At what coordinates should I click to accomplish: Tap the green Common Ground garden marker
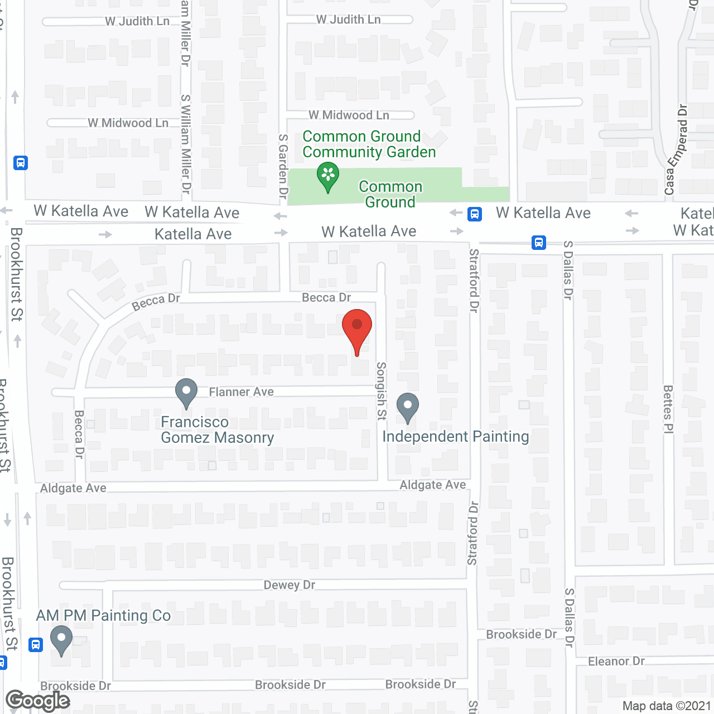pos(328,176)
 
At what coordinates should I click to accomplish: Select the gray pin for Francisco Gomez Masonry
pos(186,392)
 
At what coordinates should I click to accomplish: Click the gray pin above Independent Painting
pos(408,407)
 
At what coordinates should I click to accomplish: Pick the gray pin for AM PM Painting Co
pos(61,639)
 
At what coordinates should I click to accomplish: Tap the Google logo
pos(38,701)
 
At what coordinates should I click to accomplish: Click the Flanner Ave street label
pos(241,392)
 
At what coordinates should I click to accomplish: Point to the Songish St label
pos(382,390)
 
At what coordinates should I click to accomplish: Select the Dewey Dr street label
pos(290,585)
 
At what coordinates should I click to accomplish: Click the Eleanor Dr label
pos(616,661)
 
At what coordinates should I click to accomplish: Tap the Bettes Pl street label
pos(668,409)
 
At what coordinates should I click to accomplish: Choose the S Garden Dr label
pos(283,166)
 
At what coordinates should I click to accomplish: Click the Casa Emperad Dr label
pos(676,149)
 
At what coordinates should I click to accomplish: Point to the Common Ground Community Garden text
pos(369,144)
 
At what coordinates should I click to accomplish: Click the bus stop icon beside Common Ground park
pos(475,214)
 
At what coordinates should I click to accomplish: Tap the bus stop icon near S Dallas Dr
pos(539,243)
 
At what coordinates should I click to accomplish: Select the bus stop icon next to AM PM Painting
pos(36,645)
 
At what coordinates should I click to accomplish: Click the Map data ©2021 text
pos(667,706)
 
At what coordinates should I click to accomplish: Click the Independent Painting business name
pos(455,436)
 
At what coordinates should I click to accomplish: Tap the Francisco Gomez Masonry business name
pos(217,430)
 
